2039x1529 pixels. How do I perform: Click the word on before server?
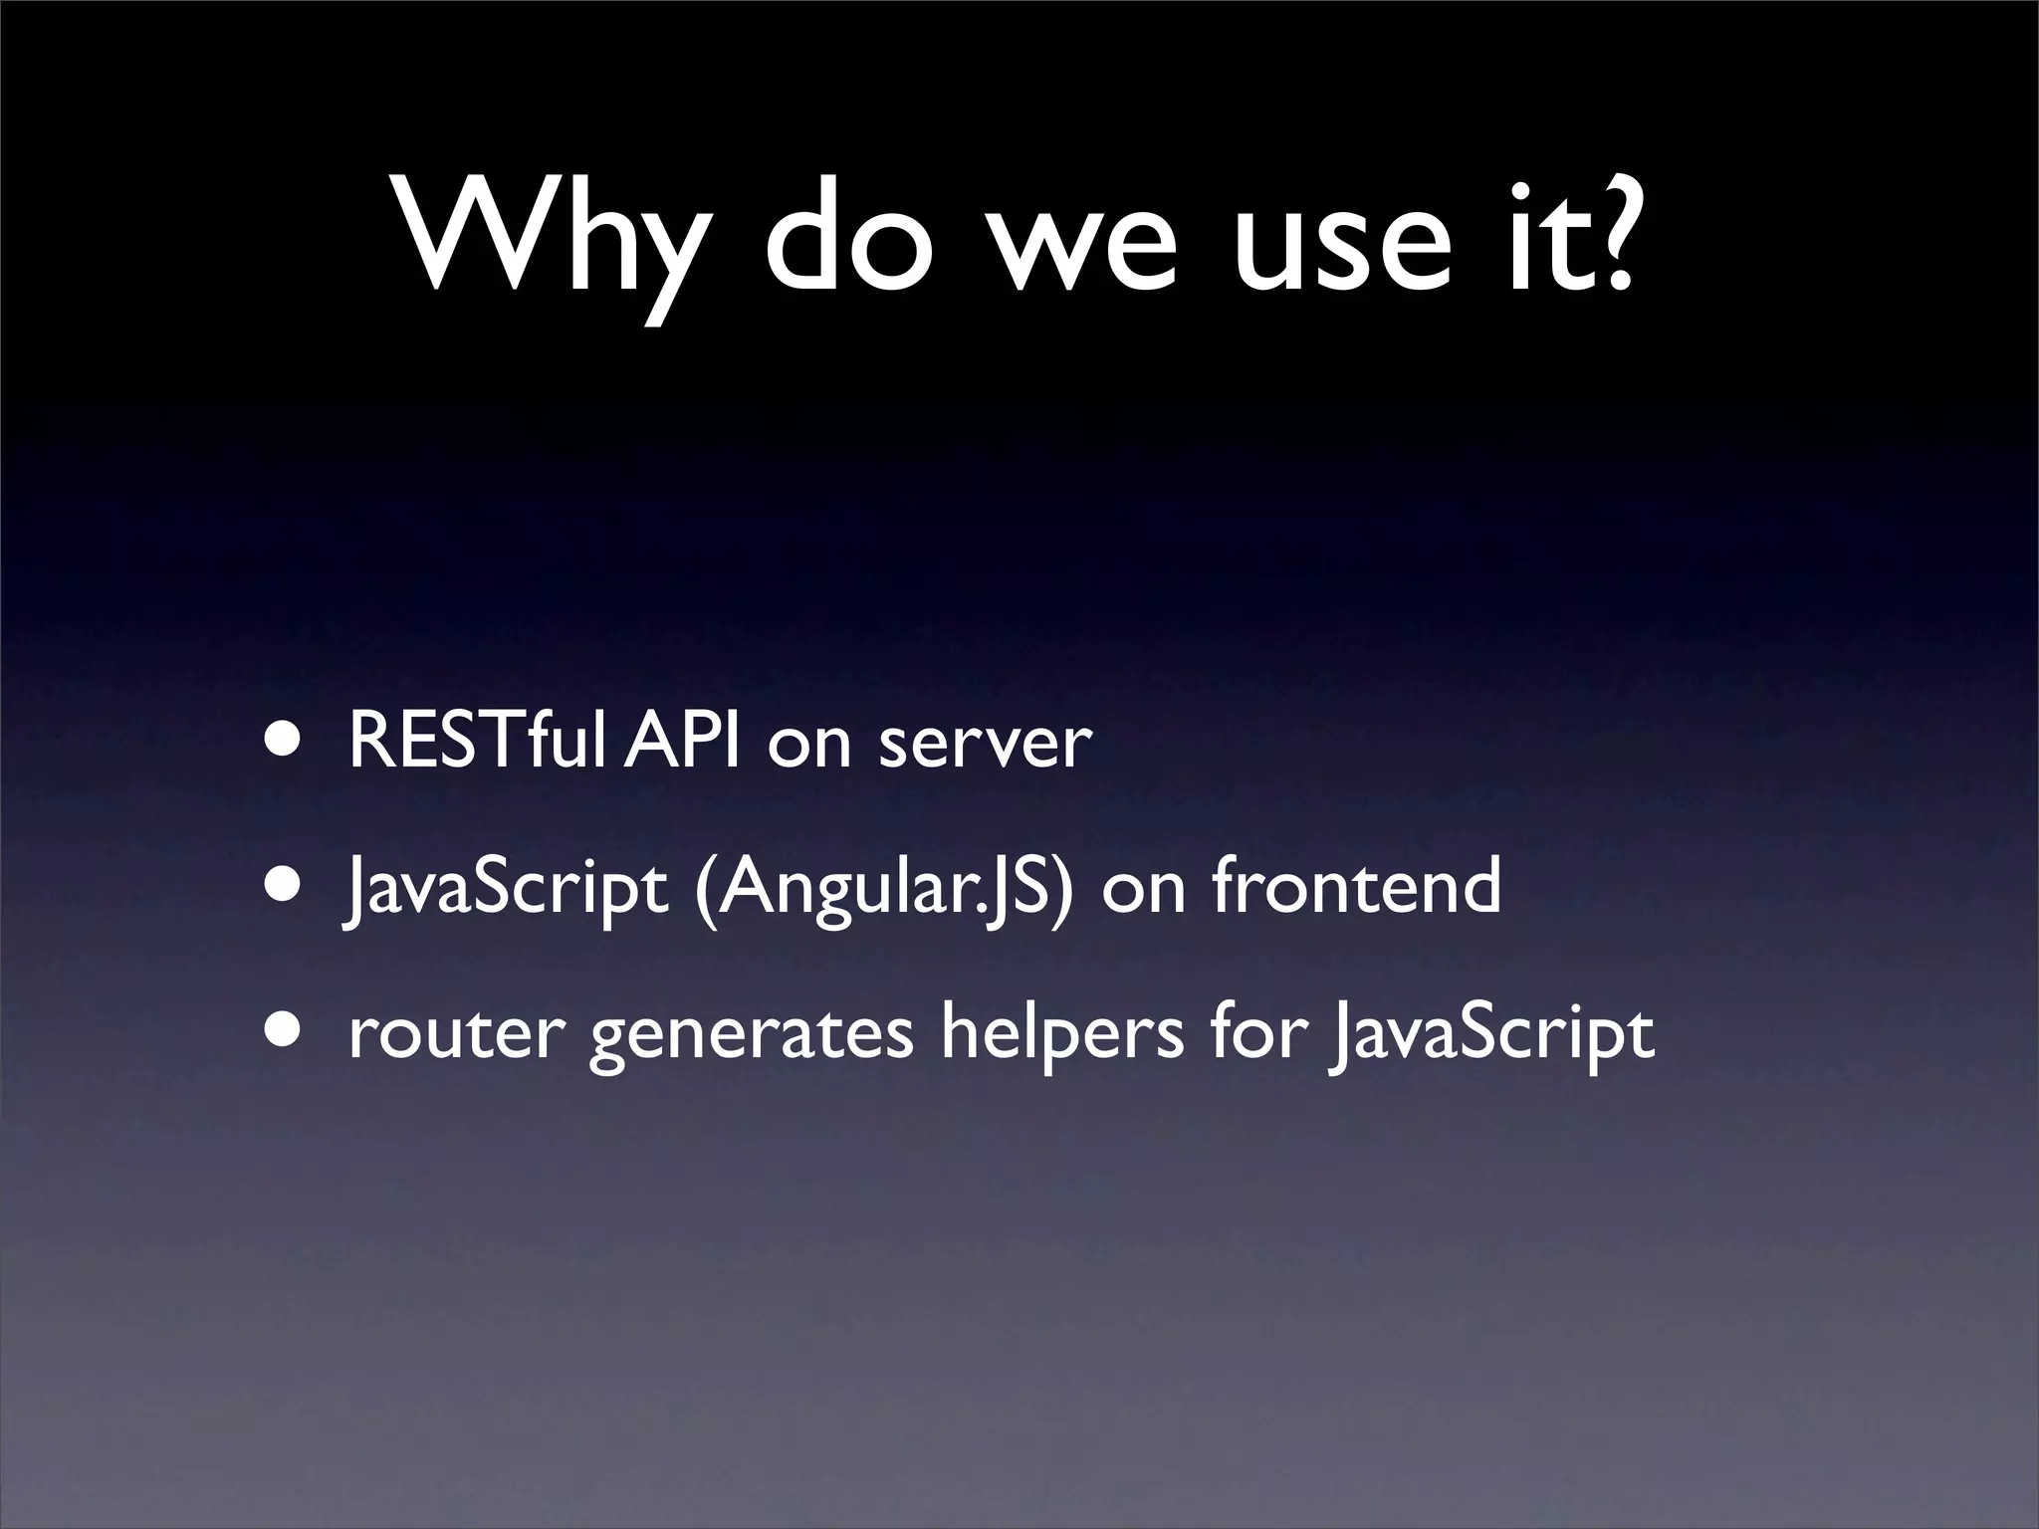(808, 747)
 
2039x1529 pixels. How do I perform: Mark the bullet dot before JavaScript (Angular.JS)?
(281, 885)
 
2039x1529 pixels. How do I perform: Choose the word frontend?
(1356, 885)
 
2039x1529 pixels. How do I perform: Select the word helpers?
(1062, 1035)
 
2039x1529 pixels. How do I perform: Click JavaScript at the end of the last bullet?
(1492, 1036)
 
